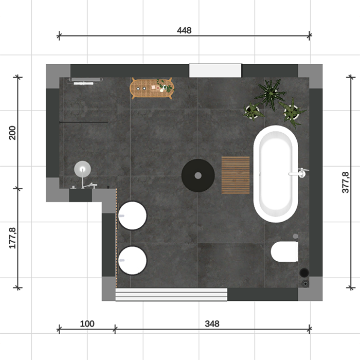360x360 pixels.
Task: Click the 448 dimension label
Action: pyautogui.click(x=184, y=30)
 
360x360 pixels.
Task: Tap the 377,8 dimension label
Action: pyautogui.click(x=346, y=182)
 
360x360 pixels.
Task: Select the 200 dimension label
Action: pyautogui.click(x=12, y=133)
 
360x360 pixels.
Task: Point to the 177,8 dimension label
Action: pyautogui.click(x=12, y=238)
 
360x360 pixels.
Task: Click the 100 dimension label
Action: pyautogui.click(x=87, y=323)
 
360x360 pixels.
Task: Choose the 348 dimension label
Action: pyautogui.click(x=212, y=323)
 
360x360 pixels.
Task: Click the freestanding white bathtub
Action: pyautogui.click(x=276, y=174)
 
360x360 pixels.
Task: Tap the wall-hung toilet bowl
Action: pyautogui.click(x=284, y=251)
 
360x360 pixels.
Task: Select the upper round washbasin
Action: pyautogui.click(x=132, y=215)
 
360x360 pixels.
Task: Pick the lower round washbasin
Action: pyautogui.click(x=132, y=260)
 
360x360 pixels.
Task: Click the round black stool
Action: pyautogui.click(x=198, y=175)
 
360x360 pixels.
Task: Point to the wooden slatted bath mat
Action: pyautogui.click(x=236, y=175)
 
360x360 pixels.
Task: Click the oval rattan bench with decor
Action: pyautogui.click(x=152, y=88)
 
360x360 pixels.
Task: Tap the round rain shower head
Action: pyautogui.click(x=82, y=169)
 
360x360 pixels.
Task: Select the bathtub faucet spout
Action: pyautogui.click(x=298, y=173)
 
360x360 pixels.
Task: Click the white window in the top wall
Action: pyautogui.click(x=215, y=70)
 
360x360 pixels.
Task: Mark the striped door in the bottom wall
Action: pyautogui.click(x=171, y=294)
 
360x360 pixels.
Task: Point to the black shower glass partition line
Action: pyautogui.click(x=83, y=122)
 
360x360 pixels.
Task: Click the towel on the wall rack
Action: pyautogui.click(x=83, y=83)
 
